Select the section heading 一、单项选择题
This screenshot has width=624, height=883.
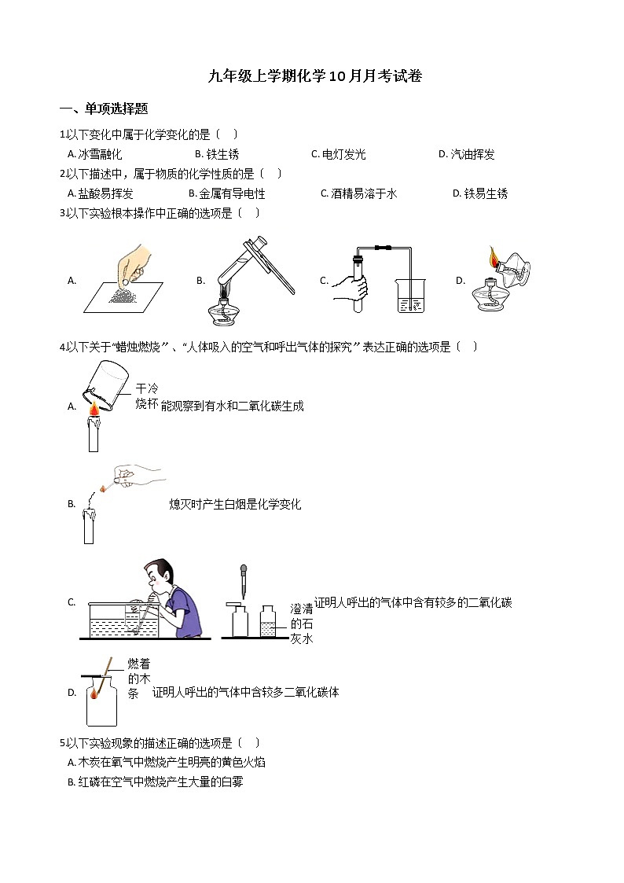[104, 109]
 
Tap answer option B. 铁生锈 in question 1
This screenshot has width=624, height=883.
[217, 155]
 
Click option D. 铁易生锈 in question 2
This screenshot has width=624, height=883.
[480, 193]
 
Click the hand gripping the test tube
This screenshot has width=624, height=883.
[351, 286]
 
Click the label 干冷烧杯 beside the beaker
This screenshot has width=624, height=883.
[147, 396]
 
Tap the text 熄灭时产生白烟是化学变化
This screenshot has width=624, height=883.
[235, 504]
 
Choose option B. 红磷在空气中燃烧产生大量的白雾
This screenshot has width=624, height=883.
[156, 782]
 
